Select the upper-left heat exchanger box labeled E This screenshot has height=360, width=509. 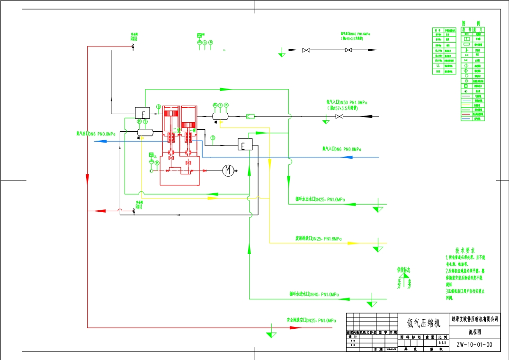[x=142, y=113]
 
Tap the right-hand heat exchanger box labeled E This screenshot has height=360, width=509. [x=245, y=145]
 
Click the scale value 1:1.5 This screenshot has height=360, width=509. [x=443, y=342]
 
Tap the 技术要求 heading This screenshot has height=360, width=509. [x=465, y=250]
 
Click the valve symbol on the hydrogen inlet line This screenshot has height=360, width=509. [x=339, y=116]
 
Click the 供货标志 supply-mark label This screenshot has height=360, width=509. [x=403, y=270]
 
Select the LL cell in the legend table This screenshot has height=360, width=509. [x=438, y=66]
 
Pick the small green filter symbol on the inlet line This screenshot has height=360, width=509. [x=251, y=116]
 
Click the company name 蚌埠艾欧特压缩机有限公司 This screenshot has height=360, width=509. [x=474, y=320]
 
